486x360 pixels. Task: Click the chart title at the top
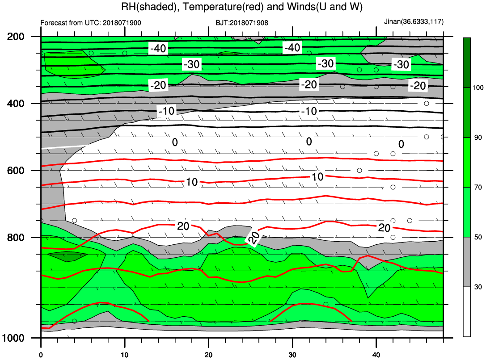(x=242, y=7)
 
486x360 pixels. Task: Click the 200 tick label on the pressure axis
(x=16, y=37)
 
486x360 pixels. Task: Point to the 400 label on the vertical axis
(x=16, y=103)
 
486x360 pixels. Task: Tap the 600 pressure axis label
(x=16, y=171)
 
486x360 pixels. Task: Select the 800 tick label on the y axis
(x=16, y=238)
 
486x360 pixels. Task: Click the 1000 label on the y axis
(x=13, y=338)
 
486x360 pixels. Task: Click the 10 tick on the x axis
(x=125, y=355)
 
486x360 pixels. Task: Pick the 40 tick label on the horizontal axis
(x=376, y=355)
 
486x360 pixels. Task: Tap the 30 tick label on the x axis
(x=292, y=355)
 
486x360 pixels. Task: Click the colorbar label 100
(x=478, y=88)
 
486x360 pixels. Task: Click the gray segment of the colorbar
(x=467, y=262)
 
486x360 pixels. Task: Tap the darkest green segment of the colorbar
(x=467, y=63)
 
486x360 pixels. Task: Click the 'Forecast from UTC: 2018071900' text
(x=91, y=23)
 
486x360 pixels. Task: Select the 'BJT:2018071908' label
(x=242, y=23)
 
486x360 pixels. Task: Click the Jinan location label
(x=414, y=22)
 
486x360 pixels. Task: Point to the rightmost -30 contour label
(x=401, y=64)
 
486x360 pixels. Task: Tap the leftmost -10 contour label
(x=167, y=111)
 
